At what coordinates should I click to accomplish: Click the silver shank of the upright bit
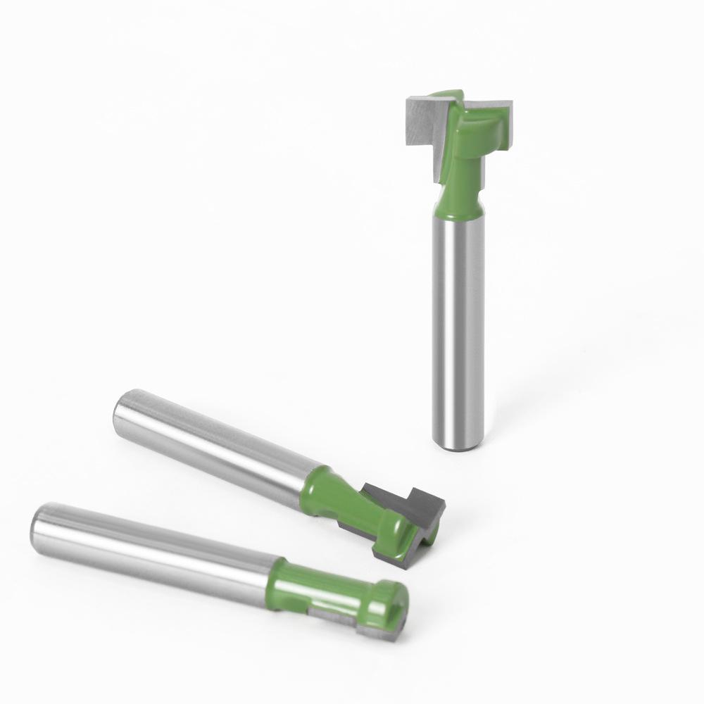pos(459,324)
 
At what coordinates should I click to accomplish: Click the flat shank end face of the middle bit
pos(127,415)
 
